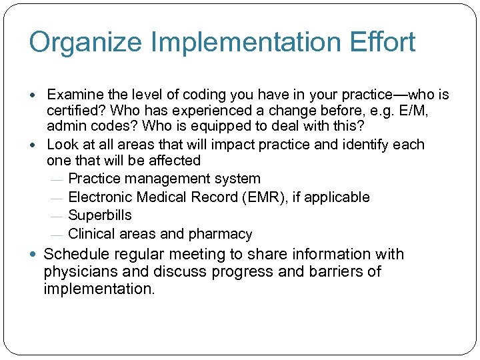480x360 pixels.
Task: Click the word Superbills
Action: [100, 215]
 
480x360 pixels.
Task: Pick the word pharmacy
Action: [222, 234]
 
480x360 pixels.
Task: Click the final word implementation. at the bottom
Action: [98, 289]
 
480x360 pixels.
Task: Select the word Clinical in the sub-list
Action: [92, 234]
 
